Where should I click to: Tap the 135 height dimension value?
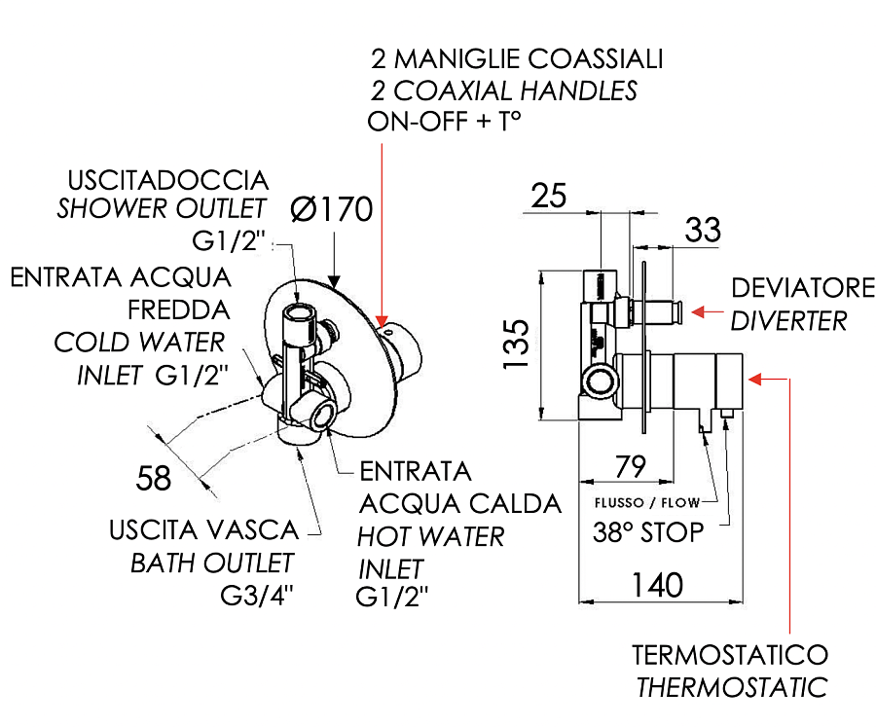(x=518, y=344)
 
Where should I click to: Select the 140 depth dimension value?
(x=657, y=585)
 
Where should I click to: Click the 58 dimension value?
(x=154, y=478)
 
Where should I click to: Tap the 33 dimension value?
(x=703, y=231)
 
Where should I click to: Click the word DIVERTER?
(x=789, y=320)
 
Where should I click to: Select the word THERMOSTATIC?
(x=731, y=687)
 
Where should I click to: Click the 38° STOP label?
(x=647, y=533)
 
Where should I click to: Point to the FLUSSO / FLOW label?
(x=648, y=503)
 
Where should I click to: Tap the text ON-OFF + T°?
(x=445, y=122)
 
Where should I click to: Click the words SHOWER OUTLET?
(x=161, y=208)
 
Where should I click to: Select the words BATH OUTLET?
(x=212, y=563)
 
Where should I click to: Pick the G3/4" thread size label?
(x=257, y=594)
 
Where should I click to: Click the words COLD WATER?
(x=139, y=343)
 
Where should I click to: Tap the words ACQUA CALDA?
(x=460, y=504)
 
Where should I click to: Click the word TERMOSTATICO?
(x=730, y=654)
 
